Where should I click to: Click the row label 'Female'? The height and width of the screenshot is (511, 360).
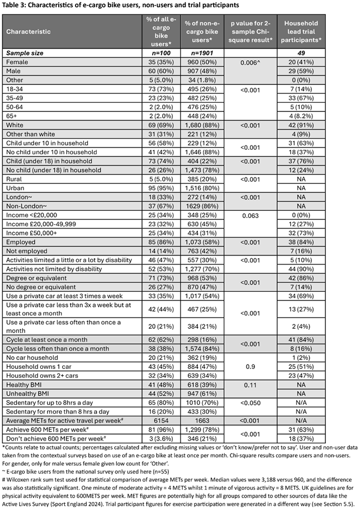(x=18, y=61)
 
